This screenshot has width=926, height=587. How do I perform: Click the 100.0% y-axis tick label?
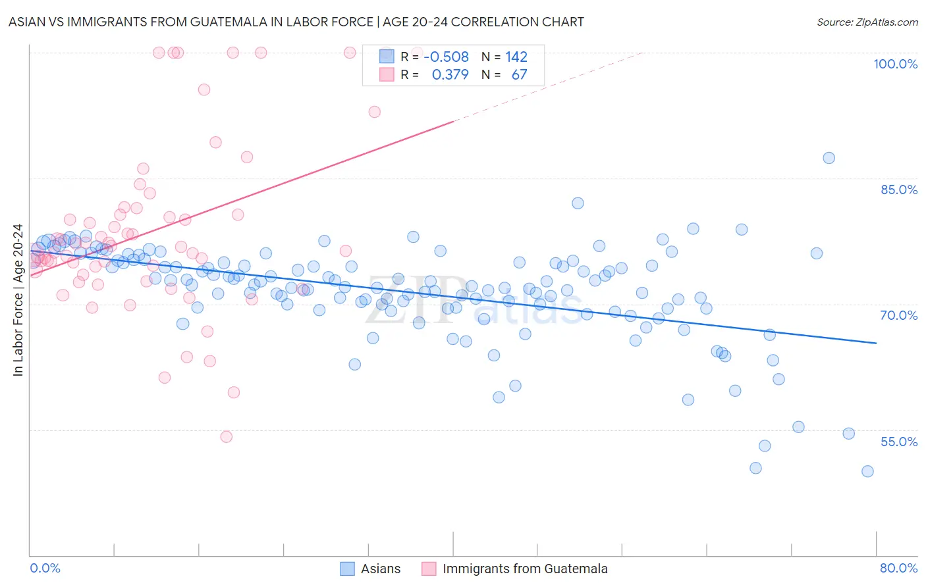click(895, 64)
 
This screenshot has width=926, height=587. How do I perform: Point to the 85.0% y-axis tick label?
click(898, 190)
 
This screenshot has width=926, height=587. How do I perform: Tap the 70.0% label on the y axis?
click(898, 315)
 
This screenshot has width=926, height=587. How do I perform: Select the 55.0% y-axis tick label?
click(898, 442)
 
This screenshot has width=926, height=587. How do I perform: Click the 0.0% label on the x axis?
click(45, 568)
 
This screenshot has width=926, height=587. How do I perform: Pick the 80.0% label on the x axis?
click(898, 568)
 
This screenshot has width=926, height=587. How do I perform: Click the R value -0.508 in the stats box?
click(446, 57)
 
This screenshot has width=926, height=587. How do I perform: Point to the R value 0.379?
click(450, 75)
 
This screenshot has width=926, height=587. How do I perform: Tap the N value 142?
click(516, 57)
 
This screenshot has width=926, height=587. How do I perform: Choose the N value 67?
click(519, 75)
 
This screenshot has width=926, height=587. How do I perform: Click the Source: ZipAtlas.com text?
click(867, 22)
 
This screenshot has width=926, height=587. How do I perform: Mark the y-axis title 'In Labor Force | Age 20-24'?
click(18, 300)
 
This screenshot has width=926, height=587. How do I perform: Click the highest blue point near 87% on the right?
click(829, 158)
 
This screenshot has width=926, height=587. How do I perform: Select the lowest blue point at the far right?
click(867, 471)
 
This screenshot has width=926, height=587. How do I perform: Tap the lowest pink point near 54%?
click(226, 437)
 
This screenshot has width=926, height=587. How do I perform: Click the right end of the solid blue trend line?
click(876, 343)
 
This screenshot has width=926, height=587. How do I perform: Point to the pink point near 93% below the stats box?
click(374, 112)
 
